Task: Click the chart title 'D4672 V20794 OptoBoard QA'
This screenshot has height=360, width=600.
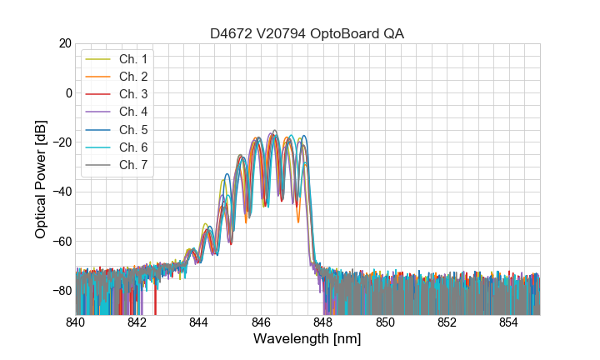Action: [307, 33]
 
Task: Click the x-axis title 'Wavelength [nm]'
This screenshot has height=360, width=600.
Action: [307, 339]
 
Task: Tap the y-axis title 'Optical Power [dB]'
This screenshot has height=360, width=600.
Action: [41, 179]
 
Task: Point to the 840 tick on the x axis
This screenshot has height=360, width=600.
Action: [75, 322]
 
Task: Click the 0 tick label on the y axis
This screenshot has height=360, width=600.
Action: [68, 92]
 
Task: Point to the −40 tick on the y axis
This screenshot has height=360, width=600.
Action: [62, 192]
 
